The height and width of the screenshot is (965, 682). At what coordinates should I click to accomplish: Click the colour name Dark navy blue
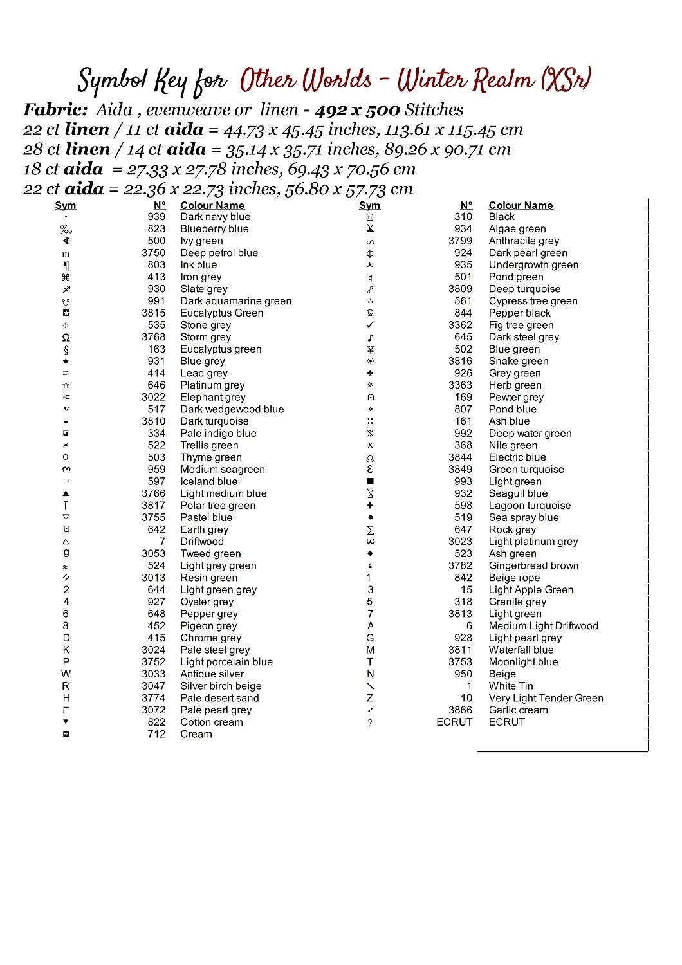[x=215, y=217]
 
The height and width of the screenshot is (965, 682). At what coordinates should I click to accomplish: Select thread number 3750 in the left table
[x=154, y=253]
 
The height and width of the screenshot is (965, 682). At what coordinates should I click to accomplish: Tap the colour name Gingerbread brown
[x=533, y=565]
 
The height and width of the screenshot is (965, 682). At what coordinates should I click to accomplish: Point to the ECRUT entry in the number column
[x=454, y=722]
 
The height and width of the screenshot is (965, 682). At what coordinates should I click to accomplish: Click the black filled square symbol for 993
[x=370, y=481]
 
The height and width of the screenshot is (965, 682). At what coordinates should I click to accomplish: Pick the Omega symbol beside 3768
[x=66, y=337]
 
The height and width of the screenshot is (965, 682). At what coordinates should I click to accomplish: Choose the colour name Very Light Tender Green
[x=546, y=698]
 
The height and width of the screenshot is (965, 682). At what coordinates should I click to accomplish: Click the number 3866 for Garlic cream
[x=460, y=710]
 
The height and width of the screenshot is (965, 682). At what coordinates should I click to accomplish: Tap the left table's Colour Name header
[x=212, y=205]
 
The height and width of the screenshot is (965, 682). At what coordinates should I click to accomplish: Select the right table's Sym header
[x=369, y=205]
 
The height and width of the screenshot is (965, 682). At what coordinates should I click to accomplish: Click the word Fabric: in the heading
[x=55, y=110]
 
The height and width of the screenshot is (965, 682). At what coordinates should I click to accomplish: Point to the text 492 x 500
[x=357, y=110]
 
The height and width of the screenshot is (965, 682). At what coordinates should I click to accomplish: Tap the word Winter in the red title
[x=432, y=80]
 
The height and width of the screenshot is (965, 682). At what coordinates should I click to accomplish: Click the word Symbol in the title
[x=113, y=81]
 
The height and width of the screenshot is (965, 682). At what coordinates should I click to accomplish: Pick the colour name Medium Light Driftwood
[x=543, y=626]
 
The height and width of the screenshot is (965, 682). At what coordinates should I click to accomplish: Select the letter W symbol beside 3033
[x=66, y=674]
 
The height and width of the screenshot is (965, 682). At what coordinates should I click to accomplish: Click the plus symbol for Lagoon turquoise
[x=370, y=506]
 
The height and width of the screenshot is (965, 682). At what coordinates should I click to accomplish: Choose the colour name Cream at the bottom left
[x=196, y=734]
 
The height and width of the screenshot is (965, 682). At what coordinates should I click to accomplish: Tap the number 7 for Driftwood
[x=163, y=542]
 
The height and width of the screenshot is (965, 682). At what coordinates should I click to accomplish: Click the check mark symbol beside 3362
[x=370, y=325]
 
